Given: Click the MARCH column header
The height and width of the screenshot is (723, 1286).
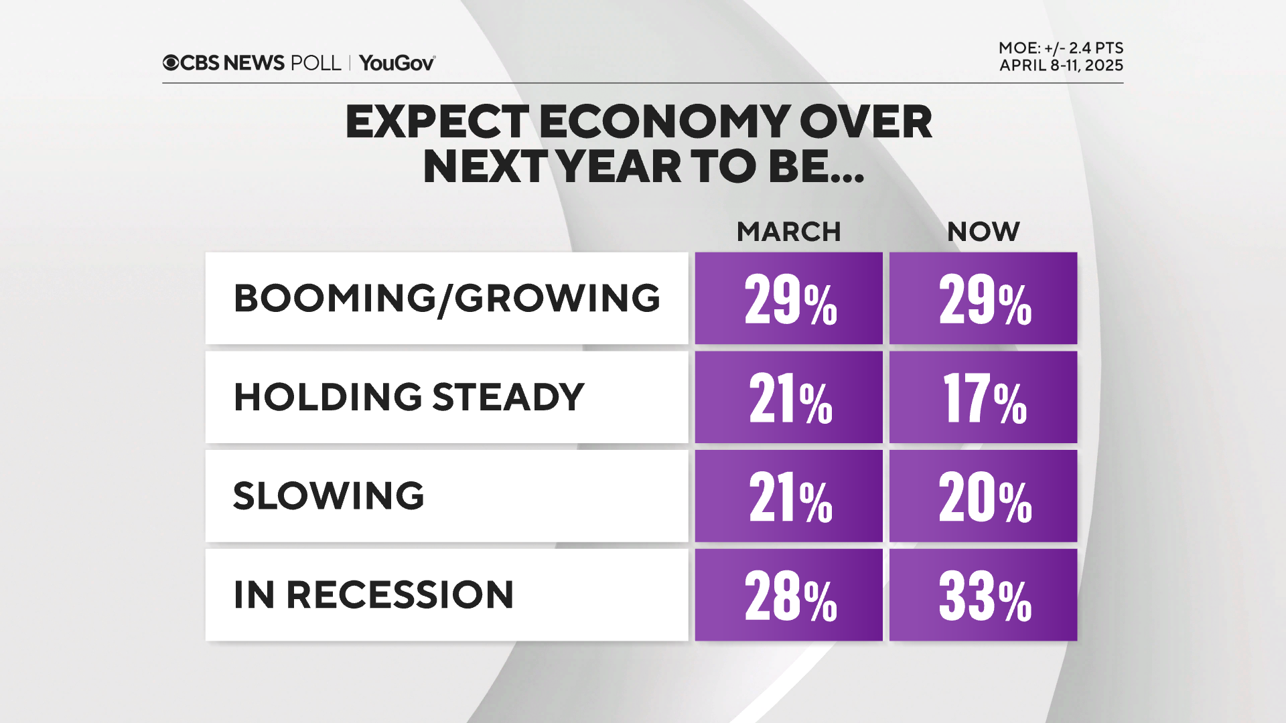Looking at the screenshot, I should tap(788, 232).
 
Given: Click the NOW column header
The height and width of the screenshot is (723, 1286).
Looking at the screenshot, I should tap(983, 232).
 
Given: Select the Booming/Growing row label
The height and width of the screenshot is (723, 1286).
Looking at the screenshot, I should tap(447, 298).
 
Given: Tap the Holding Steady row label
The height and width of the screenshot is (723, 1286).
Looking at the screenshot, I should tap(409, 397).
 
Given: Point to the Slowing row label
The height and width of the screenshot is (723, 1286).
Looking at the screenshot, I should tap(328, 496).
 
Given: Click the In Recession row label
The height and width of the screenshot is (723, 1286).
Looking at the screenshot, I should tap(373, 594).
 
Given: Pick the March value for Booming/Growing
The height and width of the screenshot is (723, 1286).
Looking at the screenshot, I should tap(789, 299).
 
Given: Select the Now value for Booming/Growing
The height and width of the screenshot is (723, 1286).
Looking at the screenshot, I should tap(983, 299).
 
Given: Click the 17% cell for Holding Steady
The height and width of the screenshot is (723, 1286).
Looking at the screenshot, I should tap(983, 398).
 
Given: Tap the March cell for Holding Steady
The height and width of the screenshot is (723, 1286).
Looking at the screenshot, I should tap(789, 398).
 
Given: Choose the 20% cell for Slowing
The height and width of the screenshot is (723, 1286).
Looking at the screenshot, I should tap(983, 496).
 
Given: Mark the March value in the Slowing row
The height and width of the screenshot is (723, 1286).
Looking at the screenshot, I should tap(789, 496).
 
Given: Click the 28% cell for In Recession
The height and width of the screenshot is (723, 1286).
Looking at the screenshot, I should tap(789, 595).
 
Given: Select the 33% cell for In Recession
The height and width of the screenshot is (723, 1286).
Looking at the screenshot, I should tap(983, 595).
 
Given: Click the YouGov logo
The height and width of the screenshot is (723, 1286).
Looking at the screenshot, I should tap(397, 63).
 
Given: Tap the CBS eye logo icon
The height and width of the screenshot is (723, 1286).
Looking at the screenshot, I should tap(171, 63).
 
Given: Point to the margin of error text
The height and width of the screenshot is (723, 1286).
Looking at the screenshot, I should tap(1060, 48).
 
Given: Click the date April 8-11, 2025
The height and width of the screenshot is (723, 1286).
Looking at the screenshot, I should tap(1061, 66).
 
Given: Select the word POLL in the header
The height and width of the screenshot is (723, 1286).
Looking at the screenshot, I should tap(315, 63).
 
